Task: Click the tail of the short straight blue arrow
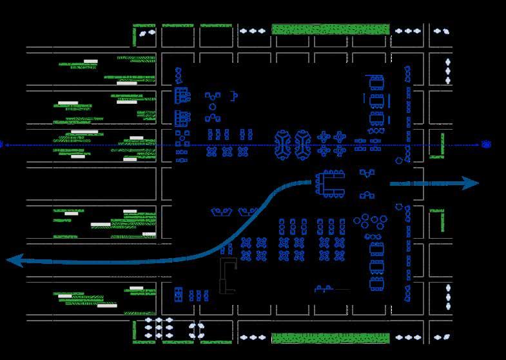(x=392, y=184)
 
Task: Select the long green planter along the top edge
(x=330, y=29)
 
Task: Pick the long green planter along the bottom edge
(x=330, y=338)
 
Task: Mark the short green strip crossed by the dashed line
(x=442, y=145)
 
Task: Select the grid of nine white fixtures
(x=159, y=327)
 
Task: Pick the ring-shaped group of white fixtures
(x=195, y=330)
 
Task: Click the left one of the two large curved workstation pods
(x=283, y=145)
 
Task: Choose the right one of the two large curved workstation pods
(x=302, y=145)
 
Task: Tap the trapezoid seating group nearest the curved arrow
(x=246, y=211)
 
